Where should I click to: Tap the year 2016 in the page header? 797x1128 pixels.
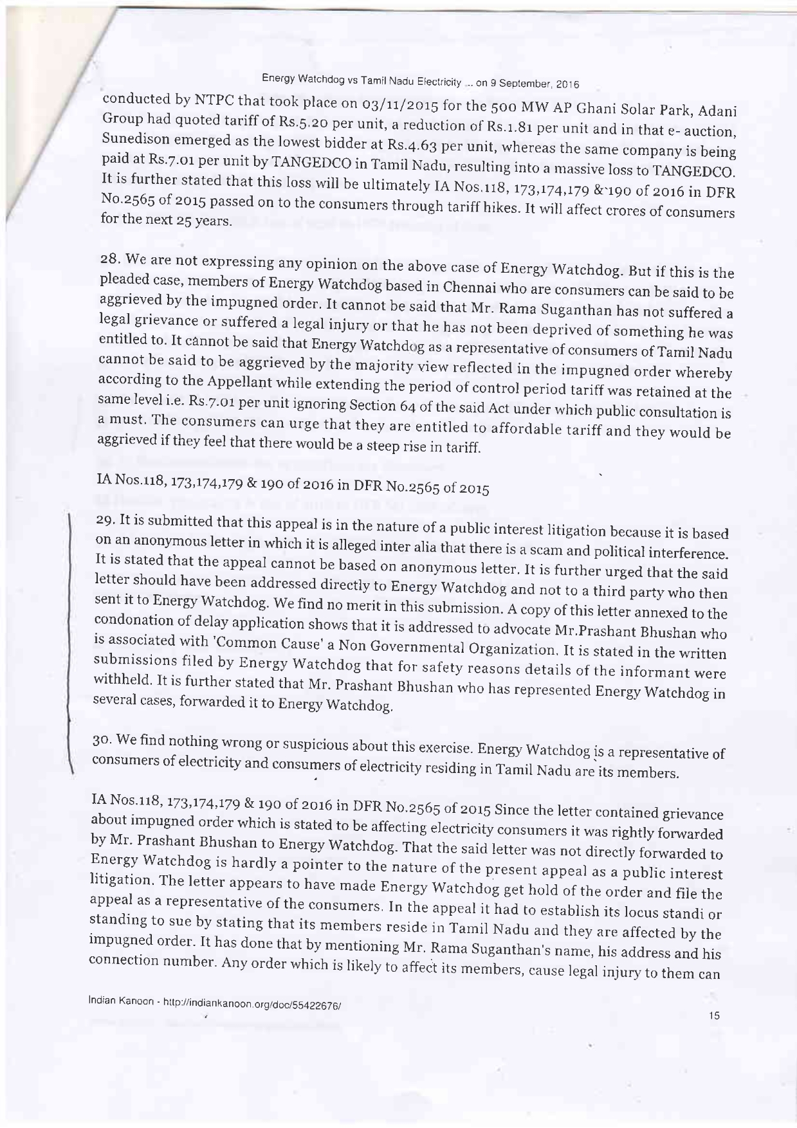(567, 84)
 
